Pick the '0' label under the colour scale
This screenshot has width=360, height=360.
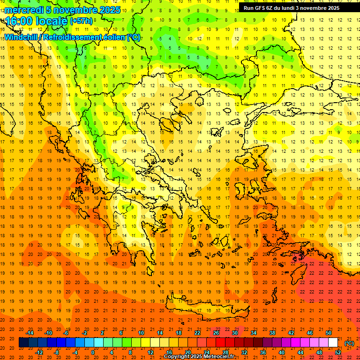tap(93, 352)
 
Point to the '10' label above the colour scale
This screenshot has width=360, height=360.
tap(141, 333)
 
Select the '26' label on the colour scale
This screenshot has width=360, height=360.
tap(216, 333)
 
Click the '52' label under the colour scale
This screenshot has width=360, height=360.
tap(338, 352)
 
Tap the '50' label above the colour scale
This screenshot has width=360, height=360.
tap(329, 333)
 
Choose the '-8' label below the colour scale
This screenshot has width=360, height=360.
tap(56, 352)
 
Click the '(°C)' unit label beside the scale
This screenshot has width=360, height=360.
tap(349, 343)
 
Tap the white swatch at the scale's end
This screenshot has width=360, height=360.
tap(333, 343)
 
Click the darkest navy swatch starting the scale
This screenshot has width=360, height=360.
tap(23, 343)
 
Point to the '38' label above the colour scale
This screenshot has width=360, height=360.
tap(272, 333)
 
